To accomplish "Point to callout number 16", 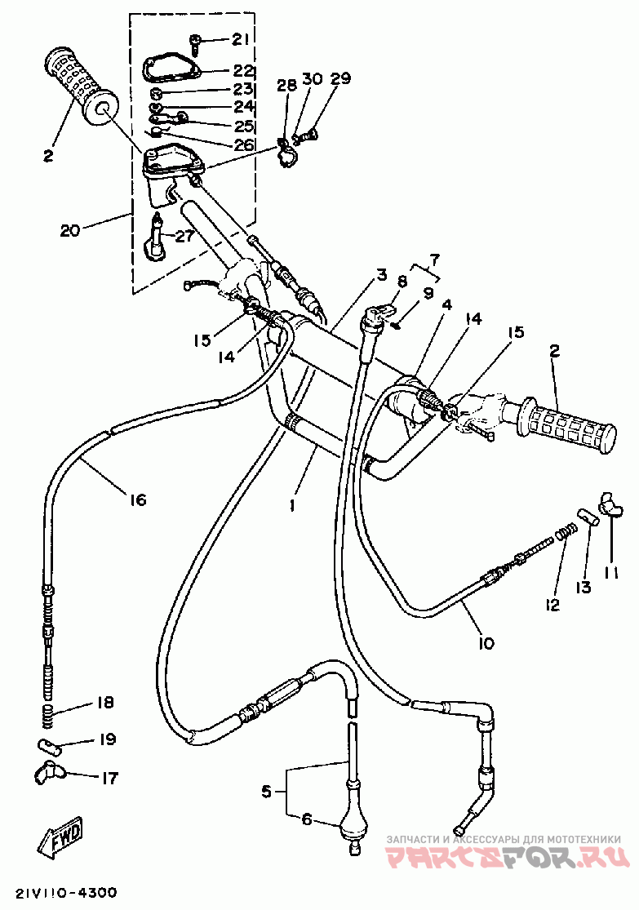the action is click(138, 499).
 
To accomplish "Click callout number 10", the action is click(486, 642).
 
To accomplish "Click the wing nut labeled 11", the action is click(610, 505).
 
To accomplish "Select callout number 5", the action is click(266, 791).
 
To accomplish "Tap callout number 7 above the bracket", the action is click(434, 258).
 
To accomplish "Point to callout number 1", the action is click(292, 505).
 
